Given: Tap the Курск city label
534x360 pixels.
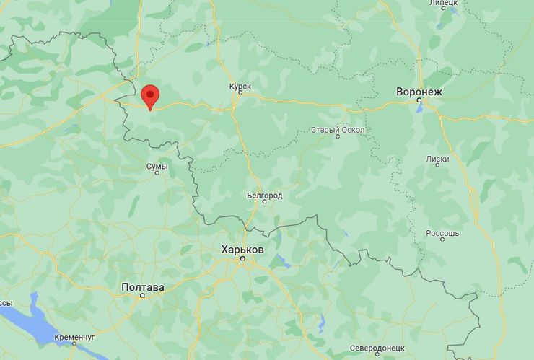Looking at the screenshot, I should click(240, 87).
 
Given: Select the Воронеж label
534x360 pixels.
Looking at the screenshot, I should click(419, 92).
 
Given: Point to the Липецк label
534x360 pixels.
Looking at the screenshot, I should click(443, 4).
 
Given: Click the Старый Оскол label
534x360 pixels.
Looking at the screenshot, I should click(337, 130).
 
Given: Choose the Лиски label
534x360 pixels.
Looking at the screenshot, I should click(437, 159).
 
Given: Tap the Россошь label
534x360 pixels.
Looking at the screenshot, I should click(442, 233).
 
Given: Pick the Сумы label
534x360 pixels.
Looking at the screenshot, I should click(157, 167).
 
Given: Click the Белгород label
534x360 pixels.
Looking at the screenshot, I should click(264, 196).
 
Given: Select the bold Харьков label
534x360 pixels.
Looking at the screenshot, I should click(242, 249).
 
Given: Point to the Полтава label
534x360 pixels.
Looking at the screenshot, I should click(142, 287).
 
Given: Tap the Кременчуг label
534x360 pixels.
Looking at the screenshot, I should click(74, 337).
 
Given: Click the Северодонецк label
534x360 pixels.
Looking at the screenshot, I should click(378, 348).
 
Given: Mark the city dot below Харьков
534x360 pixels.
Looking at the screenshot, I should click(242, 258).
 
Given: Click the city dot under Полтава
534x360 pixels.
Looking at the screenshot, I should click(142, 296).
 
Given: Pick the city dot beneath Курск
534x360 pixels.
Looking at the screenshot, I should click(240, 94).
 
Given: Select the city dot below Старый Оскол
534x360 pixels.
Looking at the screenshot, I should click(337, 137).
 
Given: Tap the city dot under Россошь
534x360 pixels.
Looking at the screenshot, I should click(442, 240).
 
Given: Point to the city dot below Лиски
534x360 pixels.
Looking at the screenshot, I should click(437, 166).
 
